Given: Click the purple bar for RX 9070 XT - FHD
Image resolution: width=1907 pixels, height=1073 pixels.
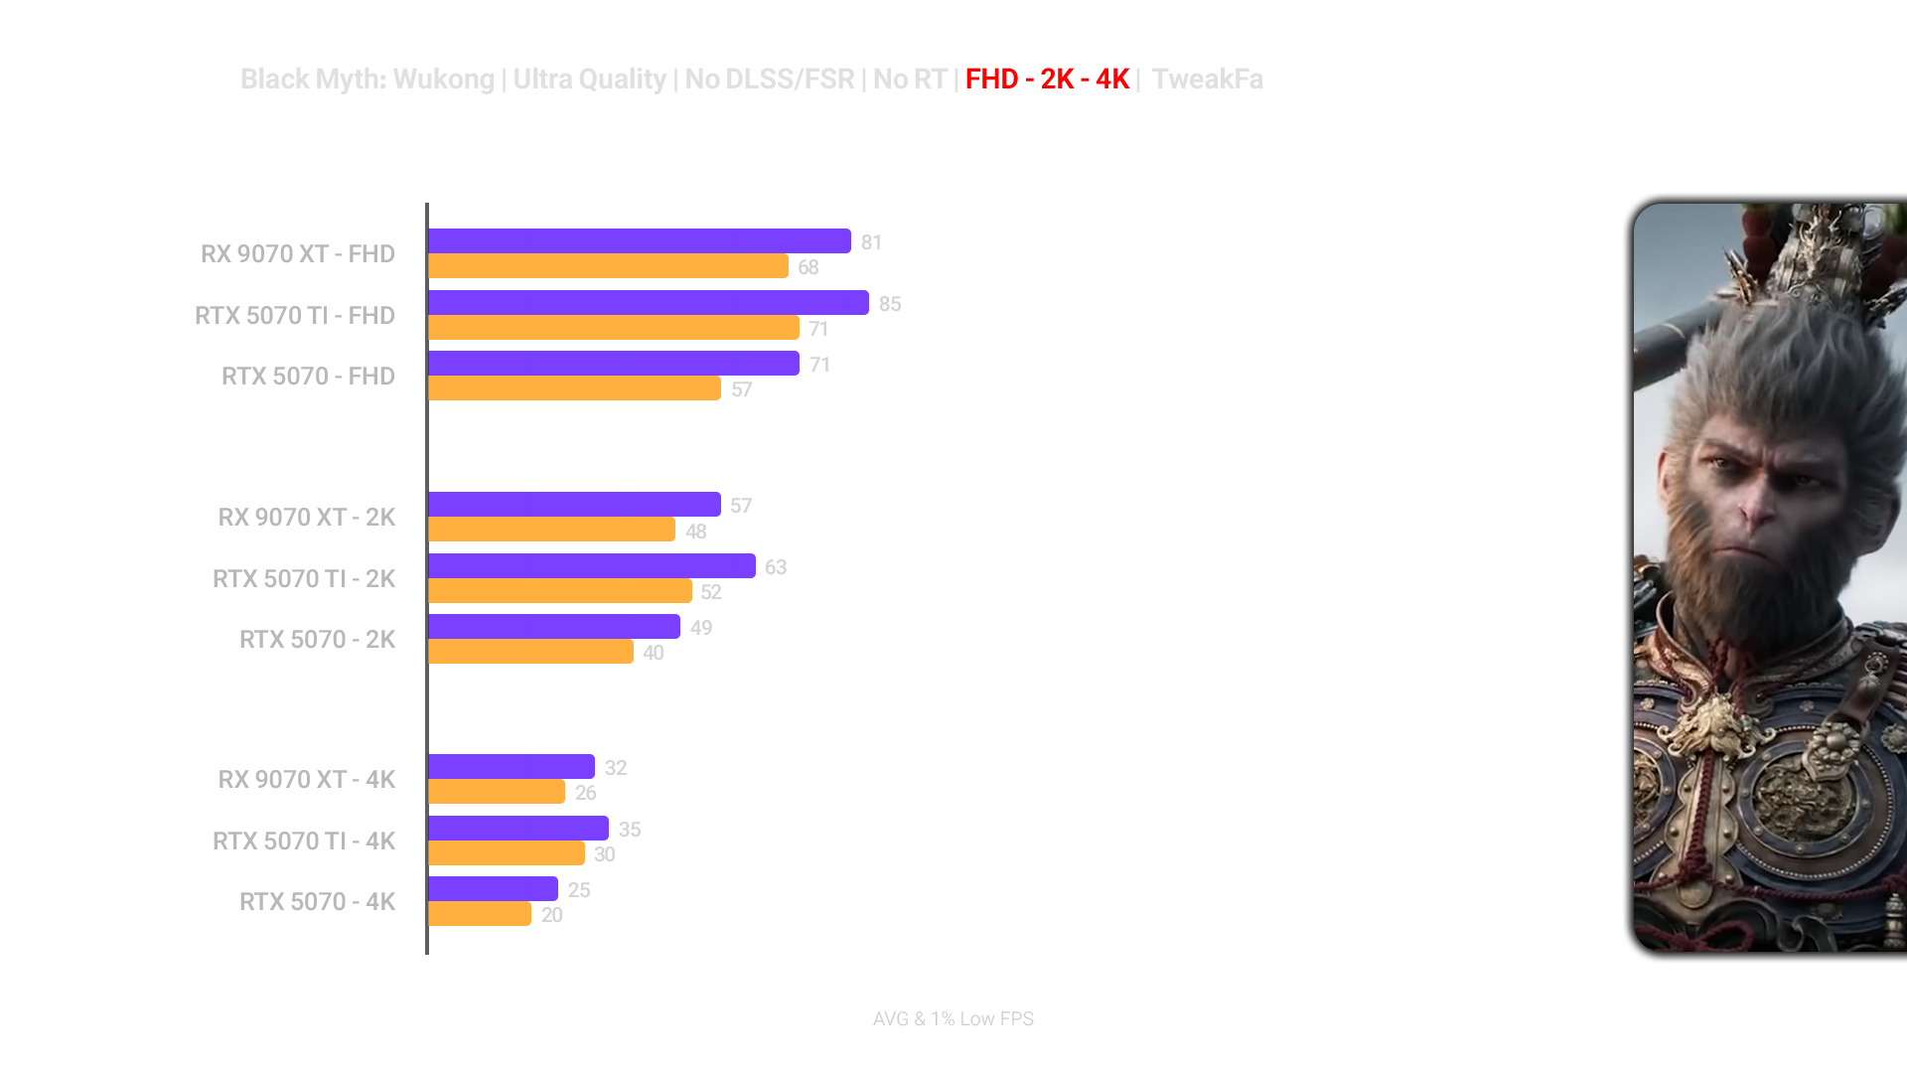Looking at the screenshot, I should [639, 241].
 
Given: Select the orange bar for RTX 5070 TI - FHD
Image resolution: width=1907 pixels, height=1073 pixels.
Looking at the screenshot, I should [613, 328].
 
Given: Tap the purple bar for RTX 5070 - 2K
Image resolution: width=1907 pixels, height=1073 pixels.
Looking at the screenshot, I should [553, 627].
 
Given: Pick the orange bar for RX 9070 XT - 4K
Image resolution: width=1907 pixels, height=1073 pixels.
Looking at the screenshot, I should [496, 792].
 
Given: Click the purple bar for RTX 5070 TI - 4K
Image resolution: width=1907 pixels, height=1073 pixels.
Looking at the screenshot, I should [517, 829].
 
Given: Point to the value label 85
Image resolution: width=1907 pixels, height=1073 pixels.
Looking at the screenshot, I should [890, 304].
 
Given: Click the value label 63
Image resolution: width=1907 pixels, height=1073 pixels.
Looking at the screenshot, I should [776, 567].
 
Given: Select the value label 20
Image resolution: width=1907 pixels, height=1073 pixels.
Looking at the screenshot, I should [552, 915].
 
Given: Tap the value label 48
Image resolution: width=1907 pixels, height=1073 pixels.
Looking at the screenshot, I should [695, 532].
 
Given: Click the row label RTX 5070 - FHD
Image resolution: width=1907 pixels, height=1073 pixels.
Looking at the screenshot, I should [308, 377].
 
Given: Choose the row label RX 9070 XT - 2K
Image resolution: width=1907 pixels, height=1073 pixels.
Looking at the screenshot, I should [307, 518].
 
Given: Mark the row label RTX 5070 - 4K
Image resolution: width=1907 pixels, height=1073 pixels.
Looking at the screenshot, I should [317, 902].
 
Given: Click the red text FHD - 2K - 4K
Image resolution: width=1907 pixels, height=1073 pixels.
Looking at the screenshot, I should [1047, 79].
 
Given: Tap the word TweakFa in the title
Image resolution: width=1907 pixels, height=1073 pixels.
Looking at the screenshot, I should [1208, 79].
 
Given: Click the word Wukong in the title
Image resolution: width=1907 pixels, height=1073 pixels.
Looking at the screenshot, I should [443, 79].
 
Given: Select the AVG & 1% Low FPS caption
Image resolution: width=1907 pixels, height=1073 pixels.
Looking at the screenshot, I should [953, 1019].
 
